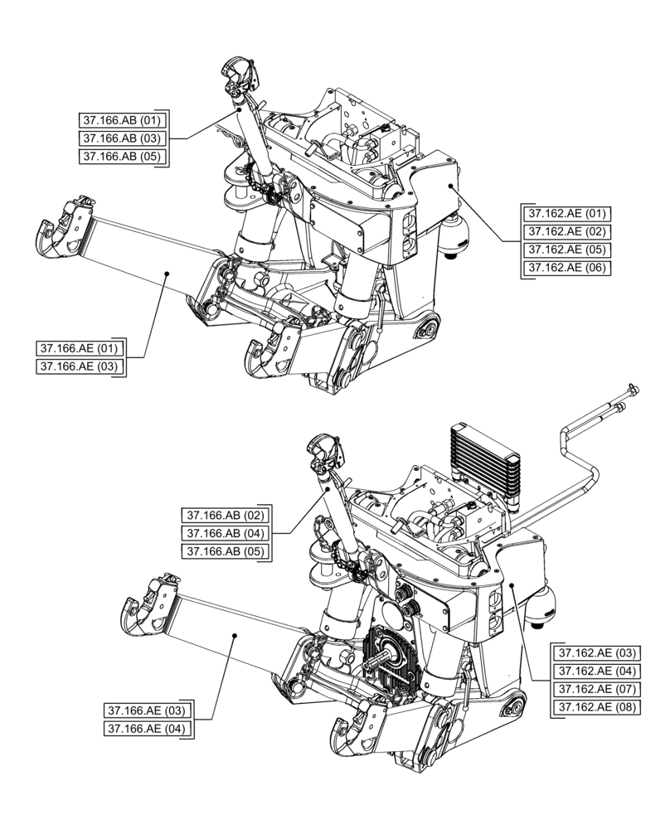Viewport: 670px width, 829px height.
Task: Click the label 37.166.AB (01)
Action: pos(123,120)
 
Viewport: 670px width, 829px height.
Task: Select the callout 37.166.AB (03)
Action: pos(123,138)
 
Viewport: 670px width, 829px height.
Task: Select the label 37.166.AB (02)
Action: pos(225,515)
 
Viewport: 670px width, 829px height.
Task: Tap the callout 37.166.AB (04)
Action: pos(225,533)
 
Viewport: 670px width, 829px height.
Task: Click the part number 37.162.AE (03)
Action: pos(595,652)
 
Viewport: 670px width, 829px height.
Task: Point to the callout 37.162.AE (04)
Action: pos(595,671)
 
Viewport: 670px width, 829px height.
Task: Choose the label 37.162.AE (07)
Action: pos(595,689)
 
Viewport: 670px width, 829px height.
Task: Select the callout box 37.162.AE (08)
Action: pos(595,707)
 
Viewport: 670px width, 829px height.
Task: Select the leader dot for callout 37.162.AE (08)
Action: pos(513,585)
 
